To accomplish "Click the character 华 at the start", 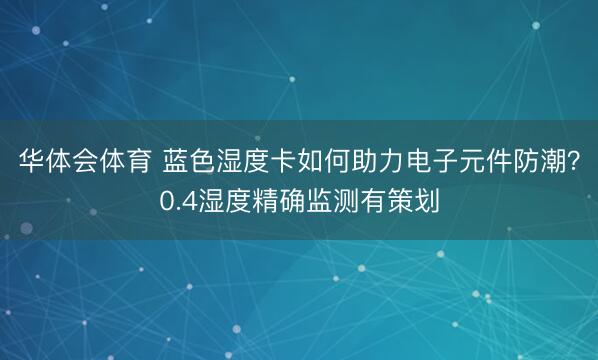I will [27, 161].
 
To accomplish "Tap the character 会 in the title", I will [81, 161].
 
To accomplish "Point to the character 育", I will [135, 161].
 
